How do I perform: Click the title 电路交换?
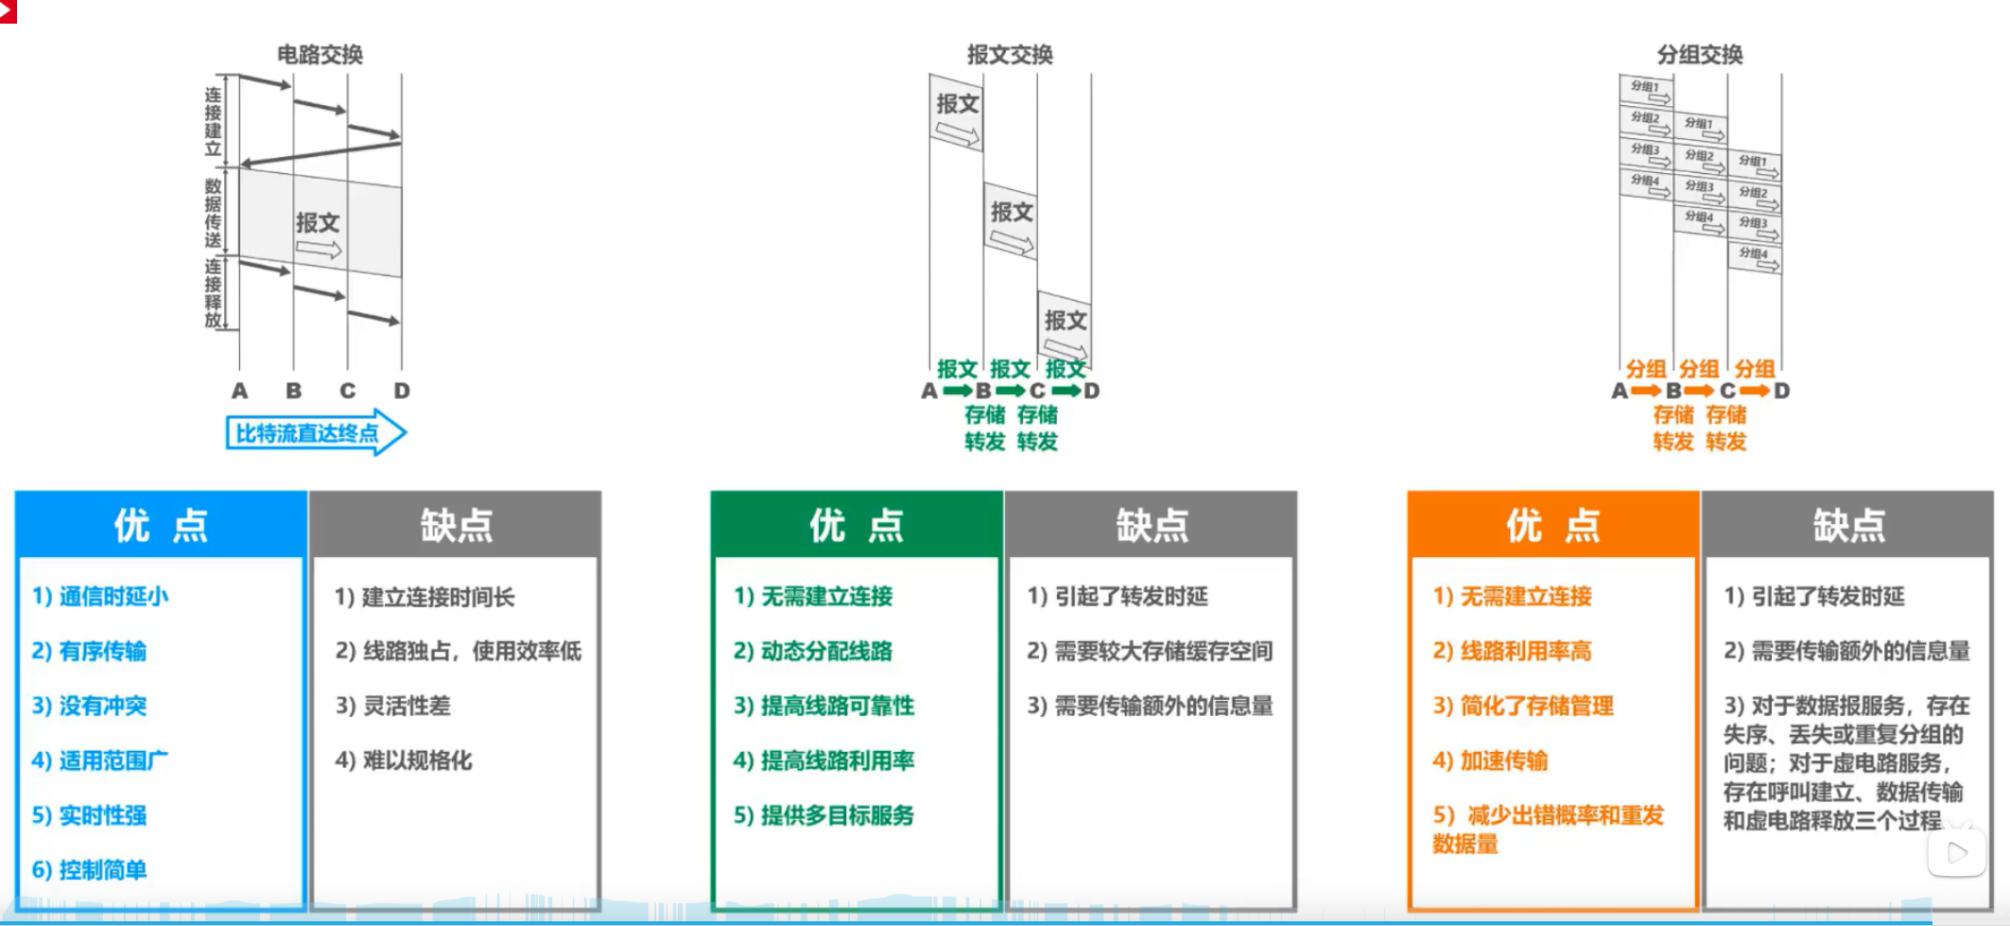[x=320, y=55]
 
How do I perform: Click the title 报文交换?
[x=1010, y=55]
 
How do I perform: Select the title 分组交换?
[x=1700, y=55]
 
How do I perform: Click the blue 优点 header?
[x=161, y=525]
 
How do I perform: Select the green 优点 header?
[x=857, y=525]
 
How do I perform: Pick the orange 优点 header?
[x=1553, y=525]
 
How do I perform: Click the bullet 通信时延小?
[x=101, y=596]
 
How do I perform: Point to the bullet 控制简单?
[x=90, y=869]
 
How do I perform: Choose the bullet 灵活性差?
[x=393, y=706]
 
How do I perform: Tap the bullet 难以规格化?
[x=404, y=760]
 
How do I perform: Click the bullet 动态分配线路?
[x=813, y=651]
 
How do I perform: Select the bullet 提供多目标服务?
[x=823, y=815]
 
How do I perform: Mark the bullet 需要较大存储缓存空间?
[x=1150, y=651]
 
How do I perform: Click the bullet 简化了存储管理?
[x=1523, y=706]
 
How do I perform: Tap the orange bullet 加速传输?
[x=1490, y=760]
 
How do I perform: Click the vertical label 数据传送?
[x=214, y=213]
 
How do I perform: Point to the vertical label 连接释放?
[x=214, y=293]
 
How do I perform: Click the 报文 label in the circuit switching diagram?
[x=318, y=223]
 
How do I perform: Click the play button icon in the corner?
[x=1956, y=852]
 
